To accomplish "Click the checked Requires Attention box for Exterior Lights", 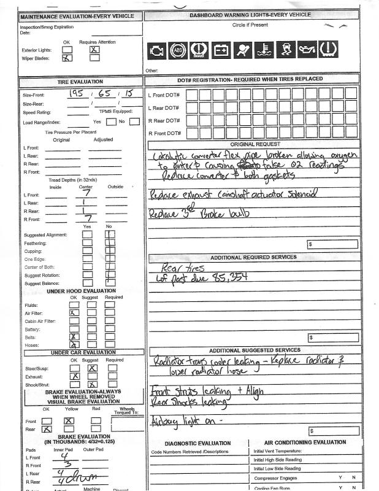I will (x=94, y=49).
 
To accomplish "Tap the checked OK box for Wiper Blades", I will (x=67, y=58).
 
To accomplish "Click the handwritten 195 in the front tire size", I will (x=78, y=95).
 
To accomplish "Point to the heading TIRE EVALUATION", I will (x=80, y=82).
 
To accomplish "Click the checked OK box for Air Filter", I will (x=74, y=312).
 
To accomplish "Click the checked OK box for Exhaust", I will (x=75, y=376).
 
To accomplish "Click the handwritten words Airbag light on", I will (x=177, y=420).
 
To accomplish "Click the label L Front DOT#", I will (x=164, y=95).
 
